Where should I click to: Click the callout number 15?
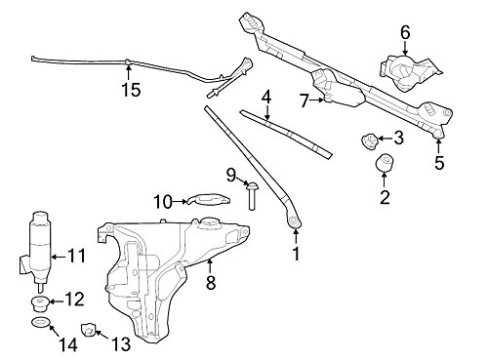pos(131,90)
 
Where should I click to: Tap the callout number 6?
pos(405,31)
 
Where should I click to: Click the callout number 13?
pos(120,342)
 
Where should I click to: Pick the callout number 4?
pos(265,97)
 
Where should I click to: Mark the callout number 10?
pos(162,201)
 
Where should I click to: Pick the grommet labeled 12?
pos(40,300)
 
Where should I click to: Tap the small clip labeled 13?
pos(89,331)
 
